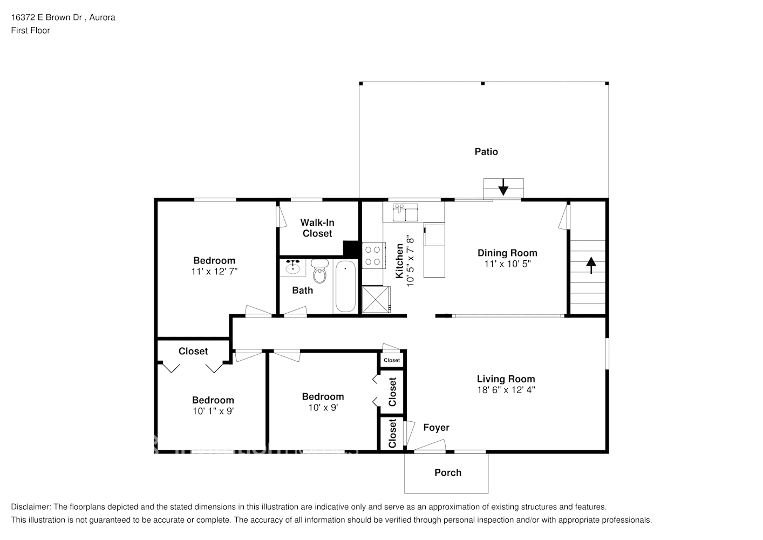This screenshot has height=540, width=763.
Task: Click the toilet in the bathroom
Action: [x=320, y=271]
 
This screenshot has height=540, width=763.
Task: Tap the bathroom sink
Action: [x=293, y=267]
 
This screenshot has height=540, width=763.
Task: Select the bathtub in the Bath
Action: [x=344, y=287]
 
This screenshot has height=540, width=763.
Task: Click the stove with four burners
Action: [x=372, y=255]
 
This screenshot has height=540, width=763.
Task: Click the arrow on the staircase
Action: [x=591, y=265]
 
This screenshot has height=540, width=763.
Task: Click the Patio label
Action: [x=486, y=152]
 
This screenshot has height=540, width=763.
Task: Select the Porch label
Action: [x=448, y=473]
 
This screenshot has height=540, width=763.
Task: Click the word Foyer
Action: [x=436, y=428]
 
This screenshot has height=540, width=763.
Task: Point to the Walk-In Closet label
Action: [x=317, y=228]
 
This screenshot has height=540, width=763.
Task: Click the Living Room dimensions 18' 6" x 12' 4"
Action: [x=506, y=390]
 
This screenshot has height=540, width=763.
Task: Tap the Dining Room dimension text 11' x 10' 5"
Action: [x=507, y=264]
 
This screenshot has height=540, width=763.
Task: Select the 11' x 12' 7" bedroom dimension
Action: [x=214, y=271]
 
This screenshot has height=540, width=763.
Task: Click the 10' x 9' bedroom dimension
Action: [x=323, y=407]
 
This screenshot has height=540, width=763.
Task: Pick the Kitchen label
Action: [x=400, y=261]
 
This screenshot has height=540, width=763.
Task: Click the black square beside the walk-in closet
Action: [x=351, y=248]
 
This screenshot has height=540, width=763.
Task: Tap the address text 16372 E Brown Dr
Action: [x=46, y=17]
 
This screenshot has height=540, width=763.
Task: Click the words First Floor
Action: [x=30, y=30]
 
